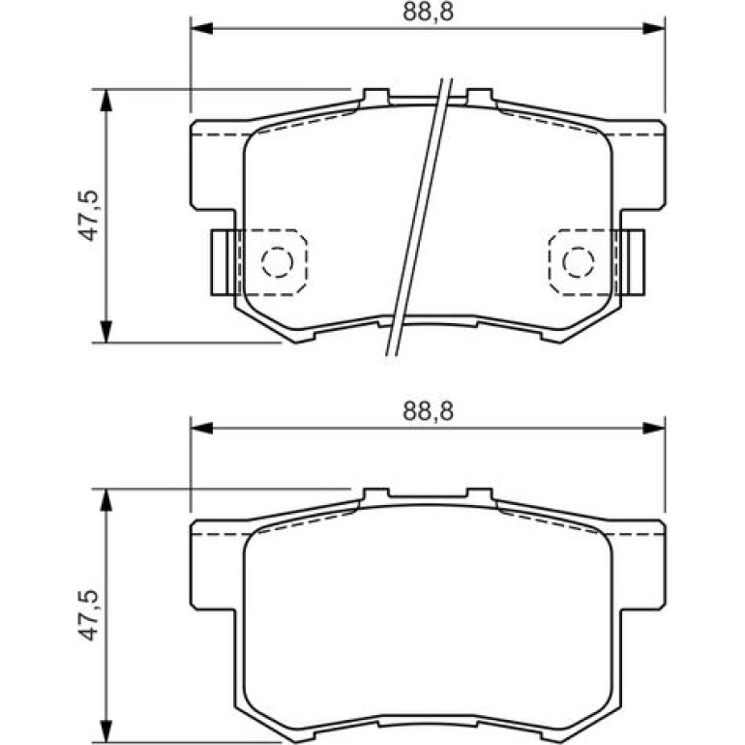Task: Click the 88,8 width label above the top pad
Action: point(428,12)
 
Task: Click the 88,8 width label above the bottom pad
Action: point(428,411)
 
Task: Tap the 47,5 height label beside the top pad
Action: point(88,215)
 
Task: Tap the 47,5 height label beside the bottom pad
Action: point(88,615)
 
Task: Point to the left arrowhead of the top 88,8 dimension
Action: point(201,28)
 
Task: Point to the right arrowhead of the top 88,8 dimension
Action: point(654,28)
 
